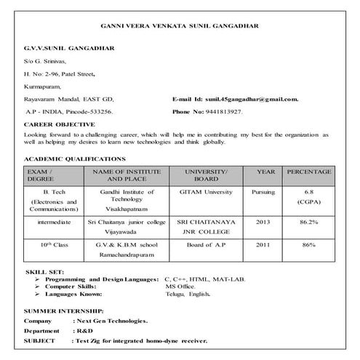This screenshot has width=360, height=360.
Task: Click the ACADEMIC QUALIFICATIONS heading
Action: [x=74, y=159]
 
